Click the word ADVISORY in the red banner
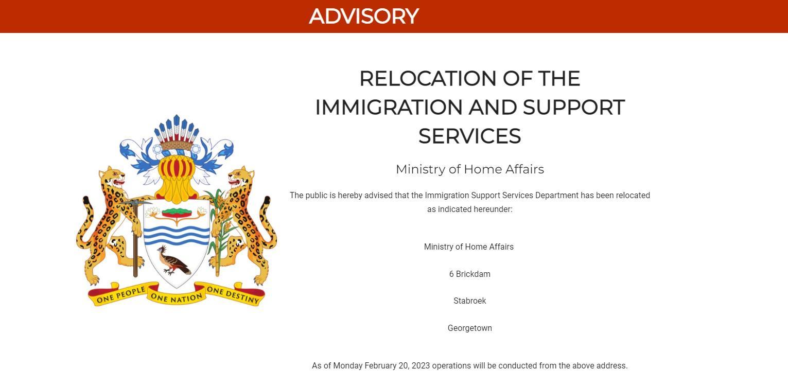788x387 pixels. point(364,16)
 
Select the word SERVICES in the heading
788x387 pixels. point(469,136)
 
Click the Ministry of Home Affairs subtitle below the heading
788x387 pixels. point(469,169)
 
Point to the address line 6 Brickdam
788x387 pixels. point(469,274)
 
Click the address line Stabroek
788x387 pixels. point(469,301)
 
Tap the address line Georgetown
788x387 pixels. point(469,328)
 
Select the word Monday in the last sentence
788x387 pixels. point(347,366)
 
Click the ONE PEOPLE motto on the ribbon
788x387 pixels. point(120,295)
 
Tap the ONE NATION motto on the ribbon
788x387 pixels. point(177,297)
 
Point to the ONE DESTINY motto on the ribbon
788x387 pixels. point(233,295)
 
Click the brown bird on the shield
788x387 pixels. point(173,260)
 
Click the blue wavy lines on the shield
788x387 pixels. point(177,235)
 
